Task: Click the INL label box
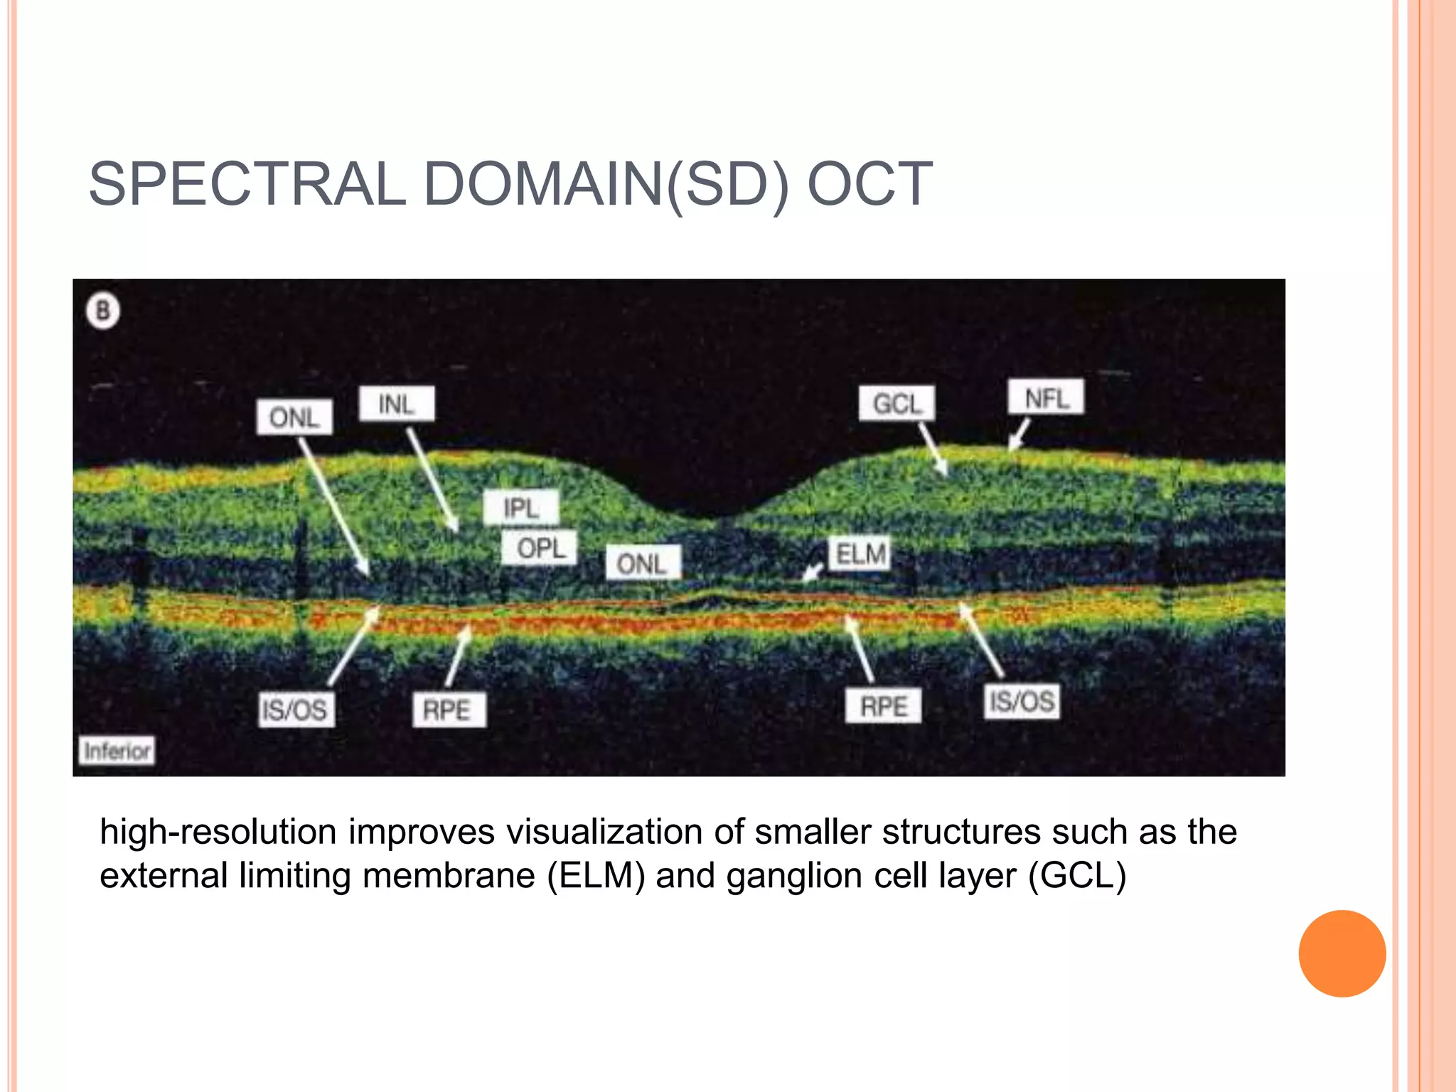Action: click(396, 404)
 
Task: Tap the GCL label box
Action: click(896, 404)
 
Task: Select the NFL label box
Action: click(1046, 397)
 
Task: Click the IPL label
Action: click(521, 508)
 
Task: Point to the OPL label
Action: click(540, 548)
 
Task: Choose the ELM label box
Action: click(860, 554)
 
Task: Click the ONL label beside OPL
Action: click(643, 563)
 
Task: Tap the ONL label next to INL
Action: click(294, 417)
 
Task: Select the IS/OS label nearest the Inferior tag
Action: click(295, 709)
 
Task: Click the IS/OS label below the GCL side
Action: click(1022, 701)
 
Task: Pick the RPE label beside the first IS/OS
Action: click(449, 710)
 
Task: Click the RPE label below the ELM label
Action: click(883, 705)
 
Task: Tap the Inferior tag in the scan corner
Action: click(117, 750)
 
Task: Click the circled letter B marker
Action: click(103, 311)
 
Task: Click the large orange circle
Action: click(1342, 953)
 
